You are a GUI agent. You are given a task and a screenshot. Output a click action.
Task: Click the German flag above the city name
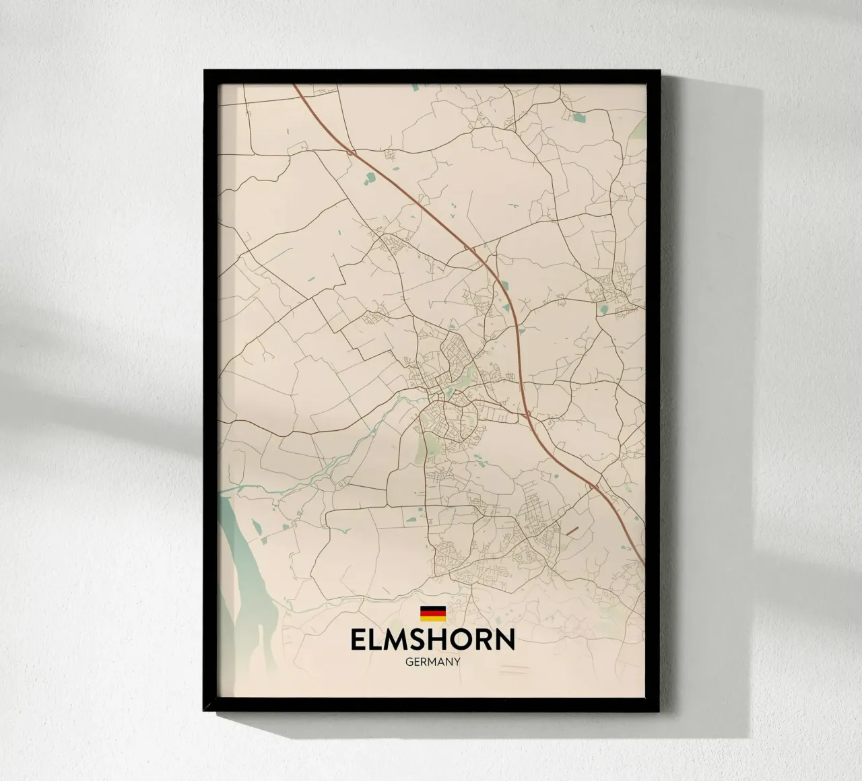[432, 613]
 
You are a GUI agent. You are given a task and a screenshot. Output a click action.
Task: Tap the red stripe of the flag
[432, 613]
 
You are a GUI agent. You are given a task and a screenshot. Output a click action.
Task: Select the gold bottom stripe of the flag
[432, 617]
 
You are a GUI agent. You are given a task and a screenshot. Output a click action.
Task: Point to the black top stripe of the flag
[432, 608]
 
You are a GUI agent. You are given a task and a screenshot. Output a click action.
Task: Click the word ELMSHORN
[432, 640]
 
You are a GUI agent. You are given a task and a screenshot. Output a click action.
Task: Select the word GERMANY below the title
[433, 663]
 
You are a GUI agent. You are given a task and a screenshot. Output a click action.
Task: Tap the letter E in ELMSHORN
[358, 640]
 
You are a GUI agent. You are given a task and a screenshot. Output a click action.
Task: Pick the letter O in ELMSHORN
[458, 640]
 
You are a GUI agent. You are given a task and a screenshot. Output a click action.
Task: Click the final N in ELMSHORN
[504, 640]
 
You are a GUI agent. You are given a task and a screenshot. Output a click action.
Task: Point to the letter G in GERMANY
[409, 663]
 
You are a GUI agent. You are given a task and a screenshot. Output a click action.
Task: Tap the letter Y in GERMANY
[457, 663]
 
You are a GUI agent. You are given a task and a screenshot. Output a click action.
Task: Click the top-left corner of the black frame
[206, 71]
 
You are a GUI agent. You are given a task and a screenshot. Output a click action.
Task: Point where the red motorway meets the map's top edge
[294, 86]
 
